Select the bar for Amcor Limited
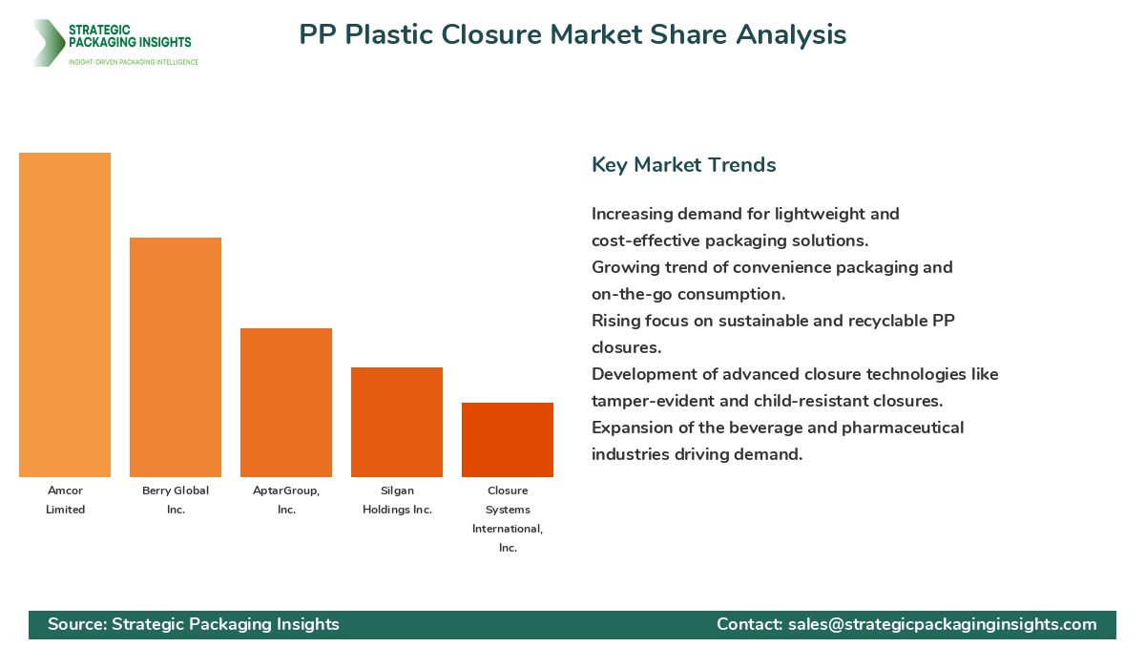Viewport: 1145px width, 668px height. pos(65,315)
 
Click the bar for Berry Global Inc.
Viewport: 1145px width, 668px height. pos(176,358)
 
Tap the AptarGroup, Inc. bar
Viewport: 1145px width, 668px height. pos(286,403)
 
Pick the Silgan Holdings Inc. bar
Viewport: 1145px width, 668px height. pos(397,422)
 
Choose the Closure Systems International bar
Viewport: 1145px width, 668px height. pos(508,440)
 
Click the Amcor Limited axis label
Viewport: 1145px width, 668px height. pos(65,500)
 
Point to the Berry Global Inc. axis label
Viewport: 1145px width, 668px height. pos(176,500)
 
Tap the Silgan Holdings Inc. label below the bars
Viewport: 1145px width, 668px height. pos(397,500)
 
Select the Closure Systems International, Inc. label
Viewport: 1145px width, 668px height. pos(508,519)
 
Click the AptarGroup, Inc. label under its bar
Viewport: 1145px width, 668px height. pos(286,500)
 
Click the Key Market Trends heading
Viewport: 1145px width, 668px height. pos(683,165)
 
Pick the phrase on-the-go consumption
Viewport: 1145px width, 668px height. pos(688,294)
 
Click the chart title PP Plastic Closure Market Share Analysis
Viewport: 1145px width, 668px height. pos(572,34)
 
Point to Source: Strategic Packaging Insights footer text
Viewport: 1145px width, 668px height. pos(194,624)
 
